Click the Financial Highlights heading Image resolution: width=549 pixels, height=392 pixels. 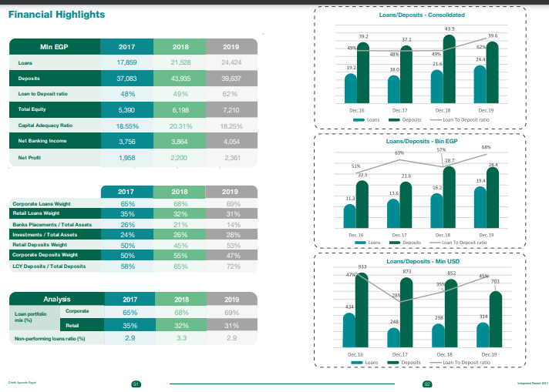coord(56,15)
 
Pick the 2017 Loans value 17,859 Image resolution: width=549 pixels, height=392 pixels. coord(126,62)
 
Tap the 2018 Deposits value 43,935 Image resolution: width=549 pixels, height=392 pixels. coord(180,79)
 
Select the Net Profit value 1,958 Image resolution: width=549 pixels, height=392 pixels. coord(126,158)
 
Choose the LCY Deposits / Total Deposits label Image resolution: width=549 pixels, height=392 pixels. coord(49,266)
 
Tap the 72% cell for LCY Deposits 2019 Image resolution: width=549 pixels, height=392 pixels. coord(231,266)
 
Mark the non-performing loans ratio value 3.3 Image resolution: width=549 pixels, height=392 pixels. coord(180,338)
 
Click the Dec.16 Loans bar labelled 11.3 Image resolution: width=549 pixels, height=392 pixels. coord(350,215)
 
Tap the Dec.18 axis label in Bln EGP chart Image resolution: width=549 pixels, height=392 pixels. coord(443,235)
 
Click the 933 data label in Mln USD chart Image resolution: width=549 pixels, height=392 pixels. coord(362,266)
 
